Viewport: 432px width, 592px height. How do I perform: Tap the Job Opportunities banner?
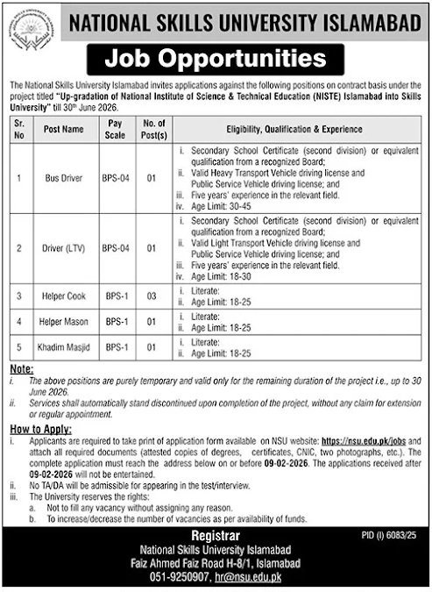tap(216, 60)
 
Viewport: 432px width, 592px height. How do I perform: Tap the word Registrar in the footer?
tap(216, 535)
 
